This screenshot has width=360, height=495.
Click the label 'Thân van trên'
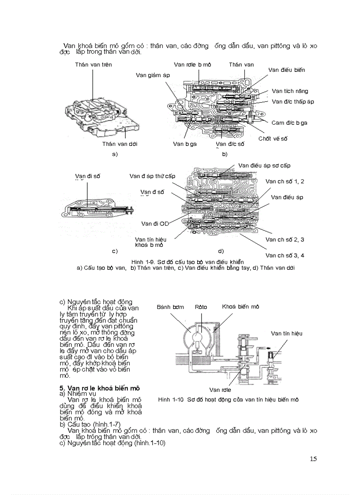(93, 65)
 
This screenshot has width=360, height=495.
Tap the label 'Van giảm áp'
(153, 75)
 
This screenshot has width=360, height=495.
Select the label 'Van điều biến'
(286, 70)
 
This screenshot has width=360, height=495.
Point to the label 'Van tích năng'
(290, 91)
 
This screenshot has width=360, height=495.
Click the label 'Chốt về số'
(273, 138)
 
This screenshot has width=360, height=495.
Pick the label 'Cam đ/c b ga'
(289, 123)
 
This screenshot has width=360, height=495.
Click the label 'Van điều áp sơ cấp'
(264, 165)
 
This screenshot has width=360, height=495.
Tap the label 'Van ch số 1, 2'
(285, 181)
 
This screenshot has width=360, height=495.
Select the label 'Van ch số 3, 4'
(285, 255)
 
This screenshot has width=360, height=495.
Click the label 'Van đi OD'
(155, 223)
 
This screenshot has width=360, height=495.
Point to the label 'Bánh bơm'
(170, 307)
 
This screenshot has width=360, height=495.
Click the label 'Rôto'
(201, 307)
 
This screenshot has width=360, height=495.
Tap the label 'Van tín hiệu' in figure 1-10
(286, 333)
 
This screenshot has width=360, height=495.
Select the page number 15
(313, 459)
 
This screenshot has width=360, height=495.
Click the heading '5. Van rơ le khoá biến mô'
(100, 388)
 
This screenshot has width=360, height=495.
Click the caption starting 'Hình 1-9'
(187, 262)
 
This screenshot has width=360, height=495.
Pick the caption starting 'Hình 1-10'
(228, 399)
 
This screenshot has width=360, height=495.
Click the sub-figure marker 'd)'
(221, 251)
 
